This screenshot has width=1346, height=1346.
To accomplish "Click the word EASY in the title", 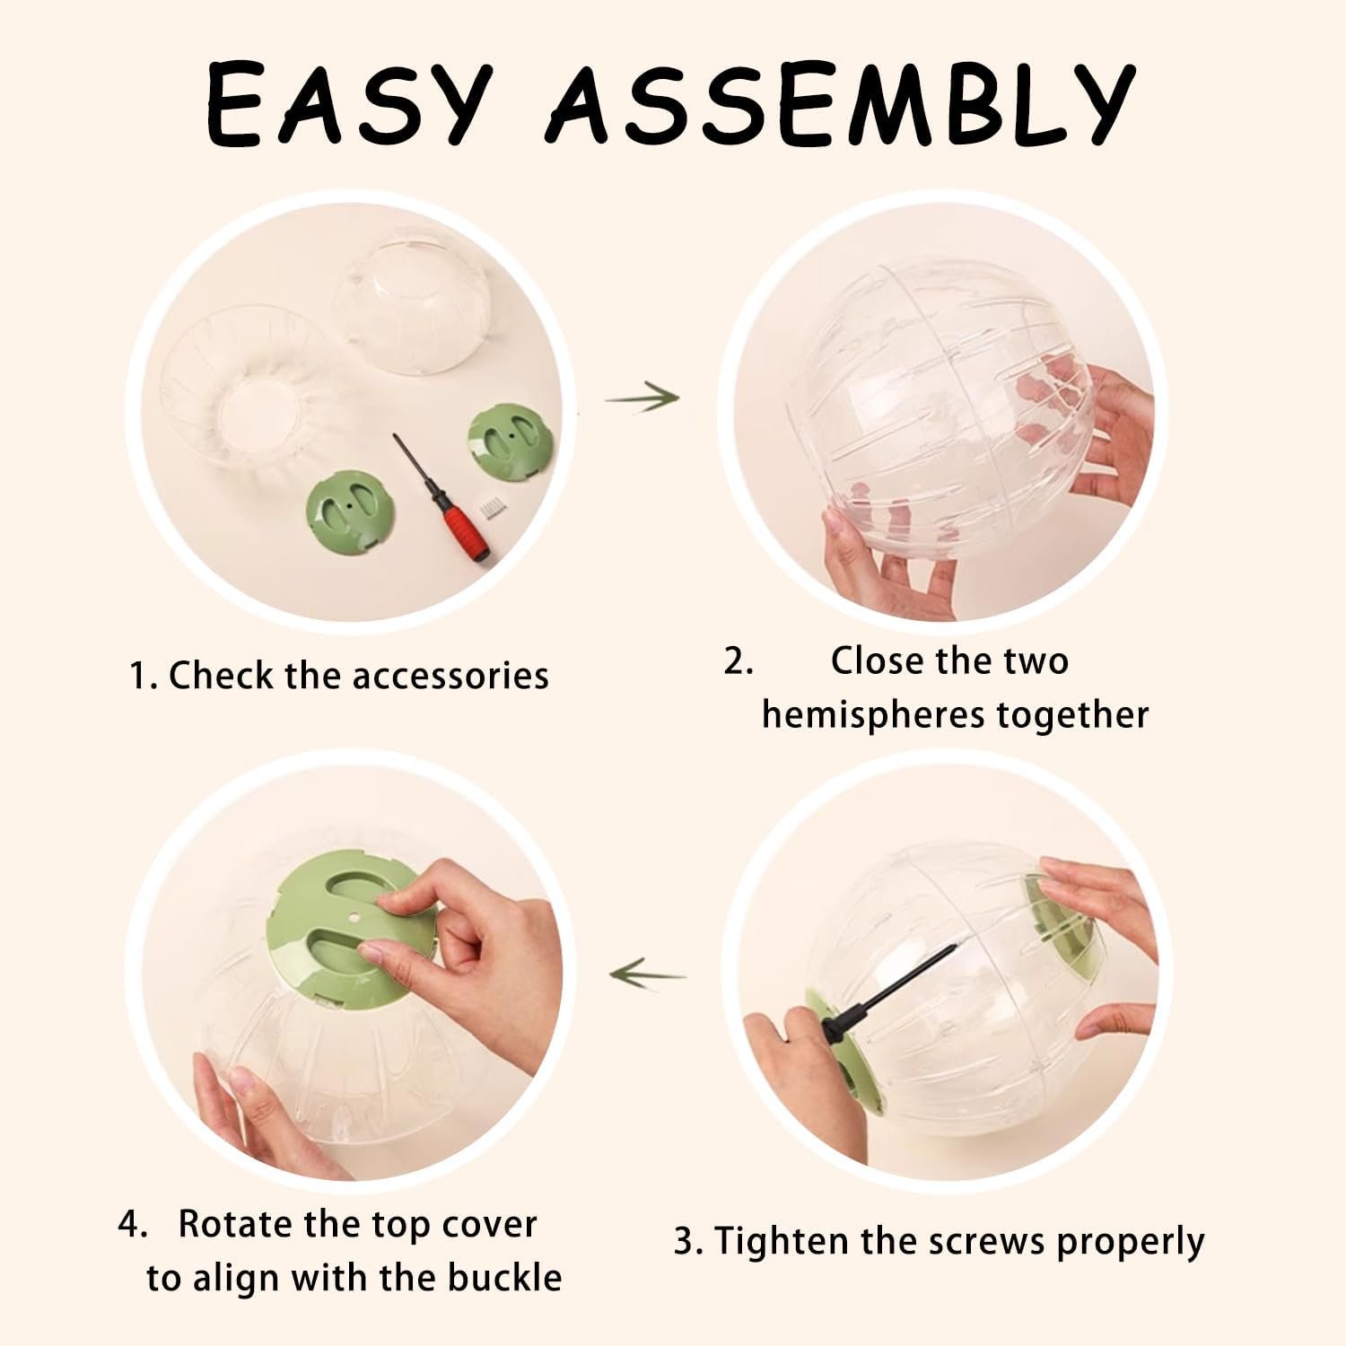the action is pos(349,106).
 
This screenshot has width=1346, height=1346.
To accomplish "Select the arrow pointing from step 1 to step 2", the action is pos(642,395).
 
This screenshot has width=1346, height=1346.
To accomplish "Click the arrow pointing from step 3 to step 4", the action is pos(648,972).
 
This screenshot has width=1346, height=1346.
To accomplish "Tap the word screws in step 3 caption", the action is pos(987,1243).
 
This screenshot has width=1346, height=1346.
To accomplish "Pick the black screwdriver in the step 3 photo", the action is pos(885,991).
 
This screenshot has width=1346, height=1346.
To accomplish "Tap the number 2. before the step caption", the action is pos(739,662).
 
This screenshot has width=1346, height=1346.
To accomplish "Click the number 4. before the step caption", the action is pos(133,1225).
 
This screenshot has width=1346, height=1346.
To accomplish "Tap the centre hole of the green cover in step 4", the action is pos(353,918).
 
